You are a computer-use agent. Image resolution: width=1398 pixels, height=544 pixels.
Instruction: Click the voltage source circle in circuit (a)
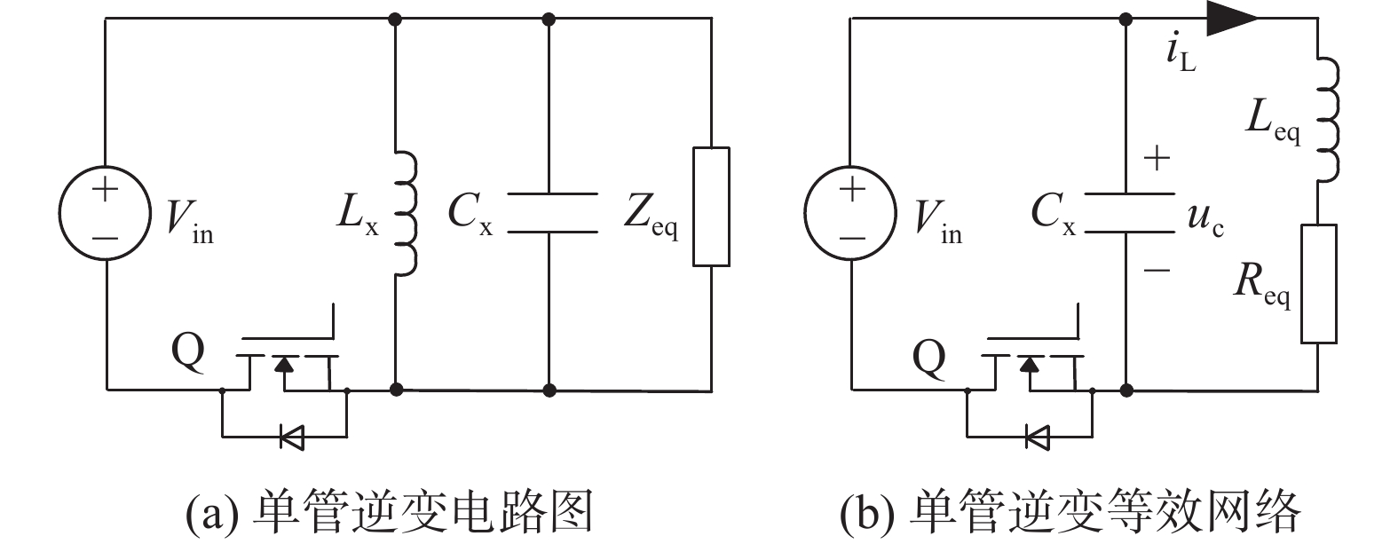click(59, 212)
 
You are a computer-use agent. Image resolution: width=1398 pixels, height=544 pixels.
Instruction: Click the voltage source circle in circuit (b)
click(804, 212)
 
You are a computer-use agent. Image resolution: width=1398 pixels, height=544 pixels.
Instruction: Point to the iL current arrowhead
click(1232, 18)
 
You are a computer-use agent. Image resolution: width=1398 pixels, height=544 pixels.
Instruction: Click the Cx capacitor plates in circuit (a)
click(552, 213)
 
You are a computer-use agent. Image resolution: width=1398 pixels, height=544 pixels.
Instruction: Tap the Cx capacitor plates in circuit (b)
click(1130, 213)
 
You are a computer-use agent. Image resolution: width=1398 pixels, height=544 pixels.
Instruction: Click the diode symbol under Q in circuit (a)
click(292, 437)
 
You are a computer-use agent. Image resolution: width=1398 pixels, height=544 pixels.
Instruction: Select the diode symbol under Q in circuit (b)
click(1038, 437)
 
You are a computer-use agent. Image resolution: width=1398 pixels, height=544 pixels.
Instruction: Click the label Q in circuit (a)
click(188, 352)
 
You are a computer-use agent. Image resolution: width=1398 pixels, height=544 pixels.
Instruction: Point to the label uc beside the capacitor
click(1205, 219)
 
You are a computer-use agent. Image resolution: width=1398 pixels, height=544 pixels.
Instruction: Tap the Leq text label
click(1273, 122)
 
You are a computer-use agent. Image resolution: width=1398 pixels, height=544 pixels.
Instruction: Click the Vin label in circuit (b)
click(938, 222)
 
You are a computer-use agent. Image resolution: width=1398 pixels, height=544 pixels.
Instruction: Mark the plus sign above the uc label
click(1157, 158)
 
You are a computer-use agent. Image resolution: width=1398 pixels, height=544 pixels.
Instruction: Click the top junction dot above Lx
click(394, 20)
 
